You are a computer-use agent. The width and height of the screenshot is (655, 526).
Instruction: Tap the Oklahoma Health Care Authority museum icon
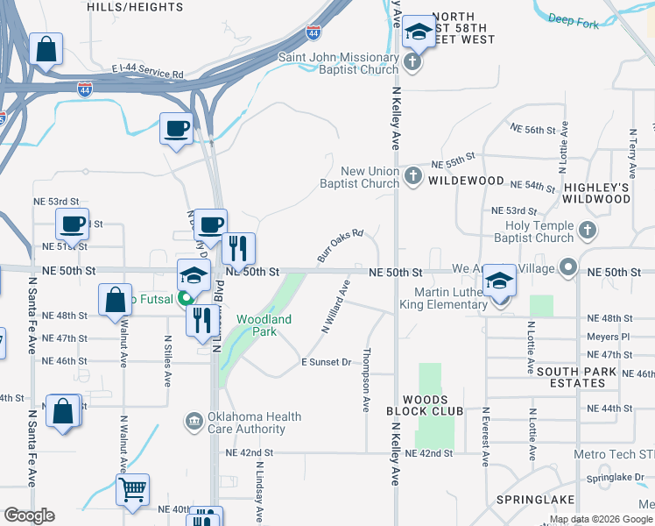[x=194, y=423]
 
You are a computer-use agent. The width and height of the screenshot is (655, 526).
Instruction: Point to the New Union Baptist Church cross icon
[x=412, y=177]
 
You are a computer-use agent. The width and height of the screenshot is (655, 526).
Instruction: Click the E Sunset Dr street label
[x=326, y=362]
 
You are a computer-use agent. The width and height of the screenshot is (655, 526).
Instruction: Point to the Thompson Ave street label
[x=366, y=380]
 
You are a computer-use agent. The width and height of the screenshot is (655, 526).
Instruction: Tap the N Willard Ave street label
[x=335, y=307]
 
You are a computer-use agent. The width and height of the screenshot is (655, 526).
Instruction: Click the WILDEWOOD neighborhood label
[x=466, y=181]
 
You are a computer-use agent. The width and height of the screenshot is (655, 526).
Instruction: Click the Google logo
[x=29, y=515]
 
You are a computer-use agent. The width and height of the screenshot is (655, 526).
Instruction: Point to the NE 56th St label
[x=532, y=129]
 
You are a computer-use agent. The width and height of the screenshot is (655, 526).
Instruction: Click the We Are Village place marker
[x=569, y=266]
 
